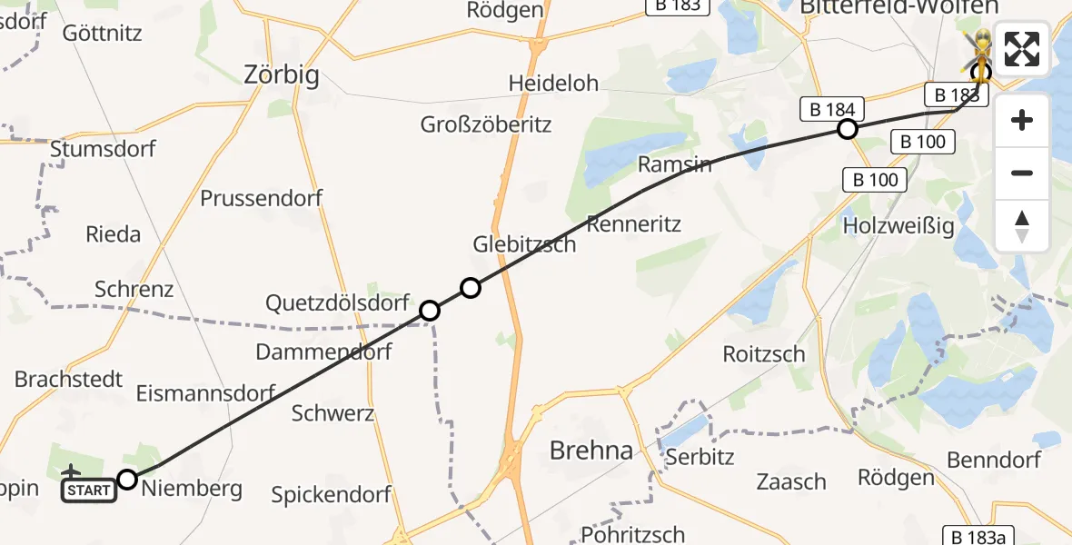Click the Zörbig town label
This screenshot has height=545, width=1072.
(282, 75)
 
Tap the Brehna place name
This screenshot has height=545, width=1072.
(591, 451)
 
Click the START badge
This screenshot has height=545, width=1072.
(88, 491)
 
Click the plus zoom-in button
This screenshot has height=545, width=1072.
(1022, 121)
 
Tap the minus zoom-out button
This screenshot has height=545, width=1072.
(1022, 173)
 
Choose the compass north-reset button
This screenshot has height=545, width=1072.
(1022, 226)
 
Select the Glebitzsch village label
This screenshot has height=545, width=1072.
(524, 244)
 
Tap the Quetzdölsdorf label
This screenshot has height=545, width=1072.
(336, 303)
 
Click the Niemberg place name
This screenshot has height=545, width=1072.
(192, 490)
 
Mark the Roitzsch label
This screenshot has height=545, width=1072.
(763, 354)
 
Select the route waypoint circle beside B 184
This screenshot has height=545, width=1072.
(847, 130)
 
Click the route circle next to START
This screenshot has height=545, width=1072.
(127, 480)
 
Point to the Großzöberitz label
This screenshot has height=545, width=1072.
(485, 125)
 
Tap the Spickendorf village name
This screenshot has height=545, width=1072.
(331, 496)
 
